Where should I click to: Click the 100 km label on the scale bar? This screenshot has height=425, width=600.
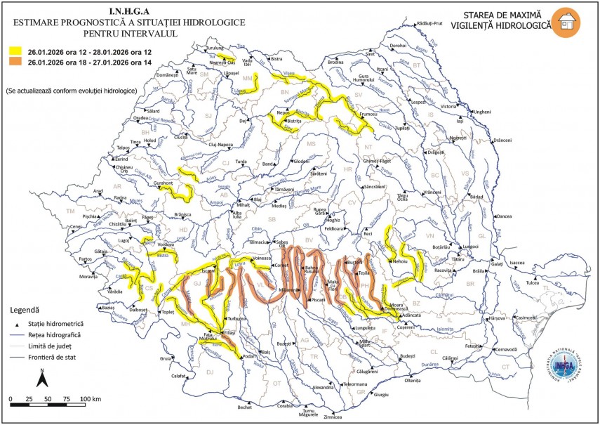coord(91,399)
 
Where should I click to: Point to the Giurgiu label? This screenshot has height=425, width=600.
coord(381,395)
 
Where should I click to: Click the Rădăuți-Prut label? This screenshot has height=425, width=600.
coord(430,22)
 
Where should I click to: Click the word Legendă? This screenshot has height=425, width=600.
coord(25,309)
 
